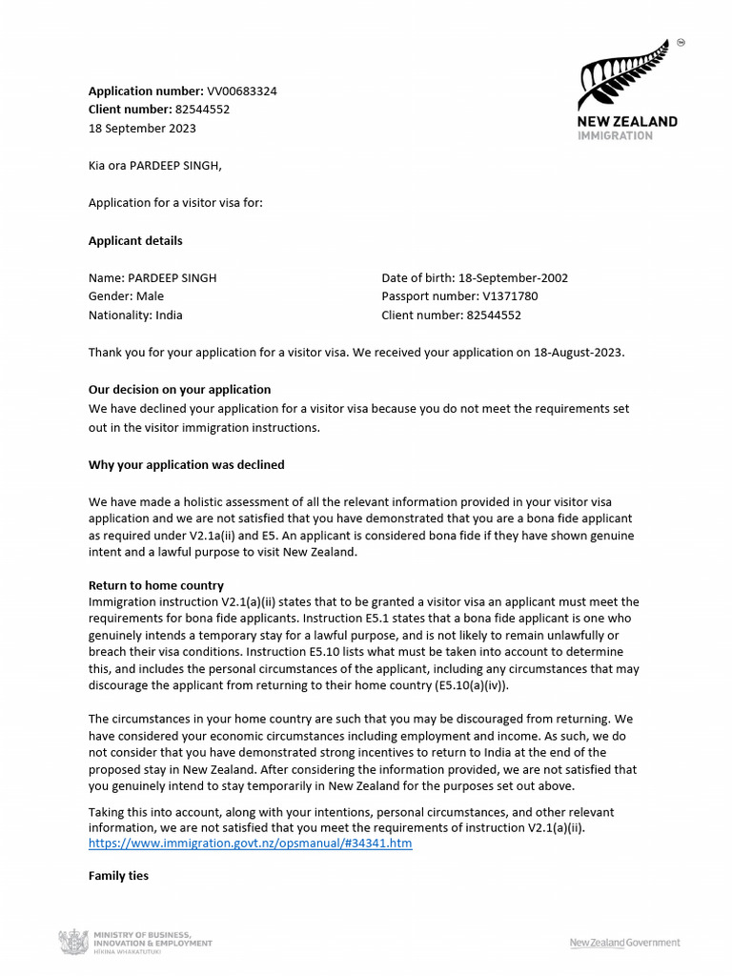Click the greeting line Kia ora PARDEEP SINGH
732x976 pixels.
click(154, 166)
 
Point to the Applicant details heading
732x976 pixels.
click(135, 241)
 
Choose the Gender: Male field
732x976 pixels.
click(126, 296)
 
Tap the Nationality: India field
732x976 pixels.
click(135, 315)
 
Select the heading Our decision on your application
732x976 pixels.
click(179, 390)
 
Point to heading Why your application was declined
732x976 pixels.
click(186, 465)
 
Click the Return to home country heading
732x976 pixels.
click(155, 585)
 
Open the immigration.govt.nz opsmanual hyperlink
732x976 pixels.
click(250, 844)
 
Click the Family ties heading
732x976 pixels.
click(118, 875)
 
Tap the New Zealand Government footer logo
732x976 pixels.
click(624, 943)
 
